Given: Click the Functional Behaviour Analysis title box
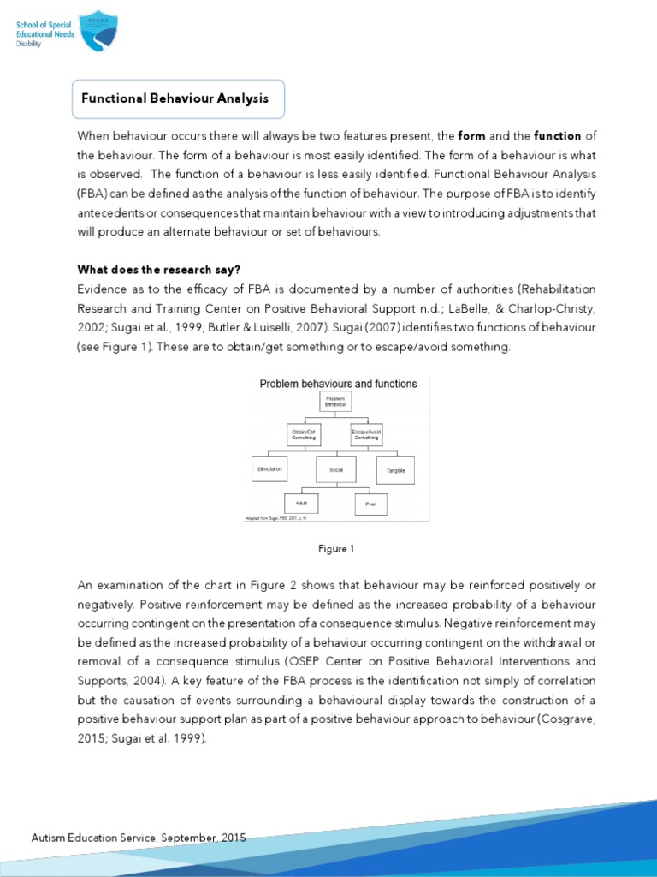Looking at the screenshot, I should (x=175, y=98).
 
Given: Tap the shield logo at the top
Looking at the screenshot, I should (x=100, y=30).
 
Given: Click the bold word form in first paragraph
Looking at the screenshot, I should (x=472, y=136).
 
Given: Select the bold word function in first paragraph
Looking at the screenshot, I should (x=557, y=136).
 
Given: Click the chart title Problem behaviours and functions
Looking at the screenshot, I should (x=338, y=384).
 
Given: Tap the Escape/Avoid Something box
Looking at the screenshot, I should (x=367, y=434).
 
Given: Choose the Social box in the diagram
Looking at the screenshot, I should (x=335, y=470).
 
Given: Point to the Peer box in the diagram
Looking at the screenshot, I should (x=370, y=504).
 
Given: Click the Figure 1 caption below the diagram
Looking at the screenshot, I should (x=334, y=549).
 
